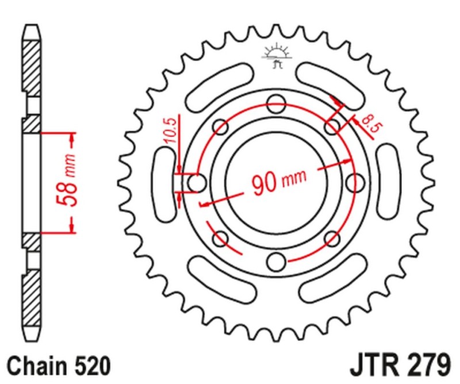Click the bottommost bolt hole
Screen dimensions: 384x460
point(277,262)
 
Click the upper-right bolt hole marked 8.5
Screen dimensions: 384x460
point(332,127)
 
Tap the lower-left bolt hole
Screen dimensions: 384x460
point(220,238)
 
